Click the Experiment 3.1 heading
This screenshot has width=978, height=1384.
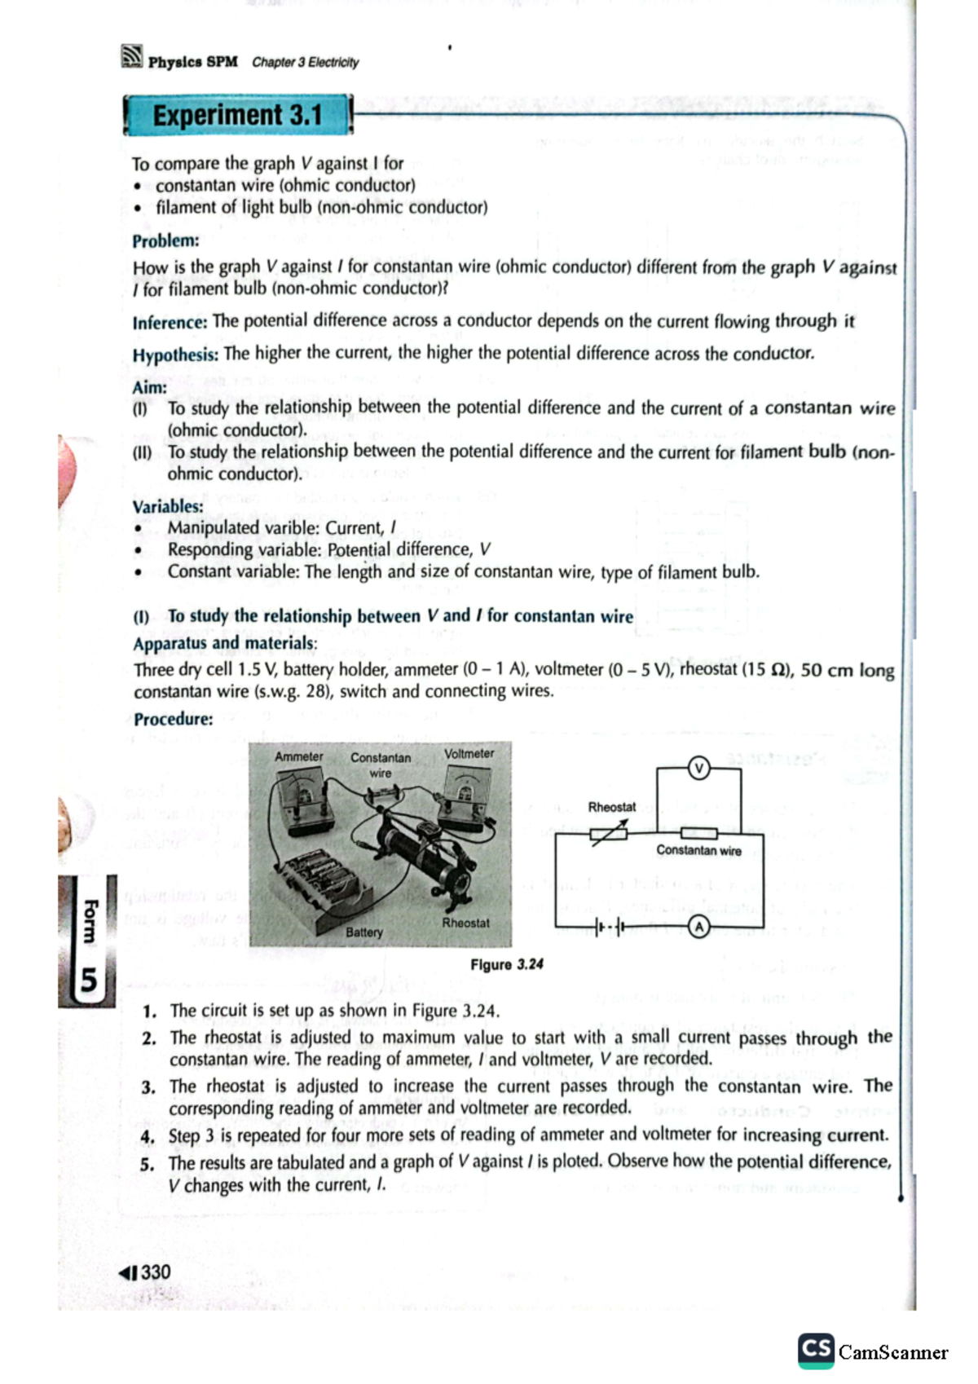[x=237, y=115]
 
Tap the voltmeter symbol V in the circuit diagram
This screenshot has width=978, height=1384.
[x=698, y=768]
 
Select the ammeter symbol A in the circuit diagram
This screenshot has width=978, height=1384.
[x=698, y=927]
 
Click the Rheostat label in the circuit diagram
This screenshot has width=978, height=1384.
[x=611, y=807]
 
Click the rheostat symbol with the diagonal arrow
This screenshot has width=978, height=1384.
[x=610, y=833]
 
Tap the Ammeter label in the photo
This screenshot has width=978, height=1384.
[x=298, y=756]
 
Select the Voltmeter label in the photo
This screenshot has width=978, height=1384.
[x=469, y=754]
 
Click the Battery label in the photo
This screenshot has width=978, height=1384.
[x=363, y=932]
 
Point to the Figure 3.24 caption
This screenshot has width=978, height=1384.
[x=506, y=964]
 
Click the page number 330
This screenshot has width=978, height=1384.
[x=155, y=1272]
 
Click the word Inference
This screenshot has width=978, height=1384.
[x=170, y=323]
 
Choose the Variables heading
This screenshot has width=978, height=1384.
[x=168, y=506]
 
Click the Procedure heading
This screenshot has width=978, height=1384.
[x=174, y=719]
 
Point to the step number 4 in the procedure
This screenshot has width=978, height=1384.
[x=147, y=1136]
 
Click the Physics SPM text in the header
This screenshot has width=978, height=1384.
[x=192, y=62]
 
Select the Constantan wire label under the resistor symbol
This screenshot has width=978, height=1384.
[x=698, y=850]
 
